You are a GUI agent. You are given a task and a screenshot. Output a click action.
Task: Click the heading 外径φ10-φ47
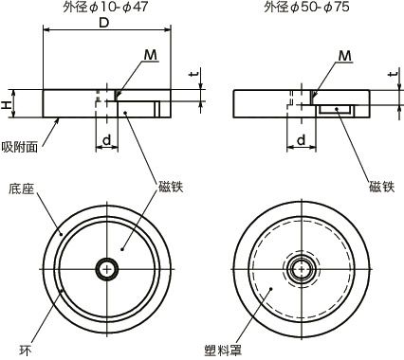(x=106, y=9)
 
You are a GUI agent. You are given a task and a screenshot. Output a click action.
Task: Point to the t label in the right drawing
(x=392, y=77)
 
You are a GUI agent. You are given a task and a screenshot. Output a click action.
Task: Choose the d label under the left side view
(x=109, y=140)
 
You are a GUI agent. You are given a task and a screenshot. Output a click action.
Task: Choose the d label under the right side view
(x=302, y=140)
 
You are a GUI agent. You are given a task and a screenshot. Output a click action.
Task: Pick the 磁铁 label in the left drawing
(x=172, y=188)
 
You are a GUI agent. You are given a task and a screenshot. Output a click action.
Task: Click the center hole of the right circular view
(x=302, y=269)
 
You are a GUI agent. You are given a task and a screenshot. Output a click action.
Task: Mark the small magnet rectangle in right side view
(x=336, y=111)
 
